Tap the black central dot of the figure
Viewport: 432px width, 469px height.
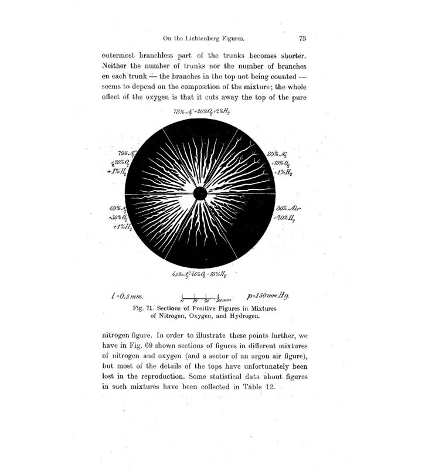pyautogui.click(x=200, y=193)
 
